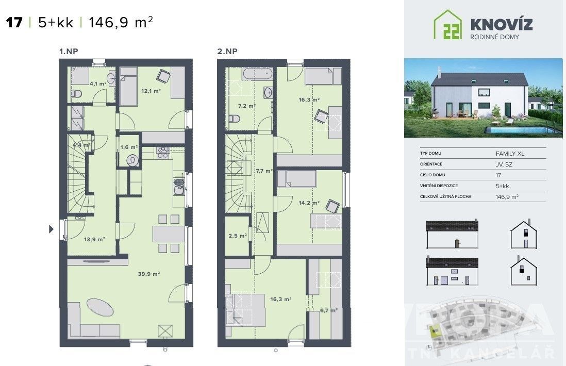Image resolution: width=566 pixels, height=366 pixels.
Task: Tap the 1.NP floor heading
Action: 68,51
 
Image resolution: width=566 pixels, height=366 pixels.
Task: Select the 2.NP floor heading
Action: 227,51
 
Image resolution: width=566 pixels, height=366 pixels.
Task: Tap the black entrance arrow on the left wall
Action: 51,228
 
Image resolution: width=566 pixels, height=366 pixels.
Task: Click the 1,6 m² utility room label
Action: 127,147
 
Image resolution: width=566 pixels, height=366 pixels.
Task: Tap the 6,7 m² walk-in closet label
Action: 328,310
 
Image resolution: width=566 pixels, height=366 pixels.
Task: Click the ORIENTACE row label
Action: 432,164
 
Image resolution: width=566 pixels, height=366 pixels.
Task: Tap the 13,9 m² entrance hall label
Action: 95,239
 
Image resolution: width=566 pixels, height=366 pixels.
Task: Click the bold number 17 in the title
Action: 14,22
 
